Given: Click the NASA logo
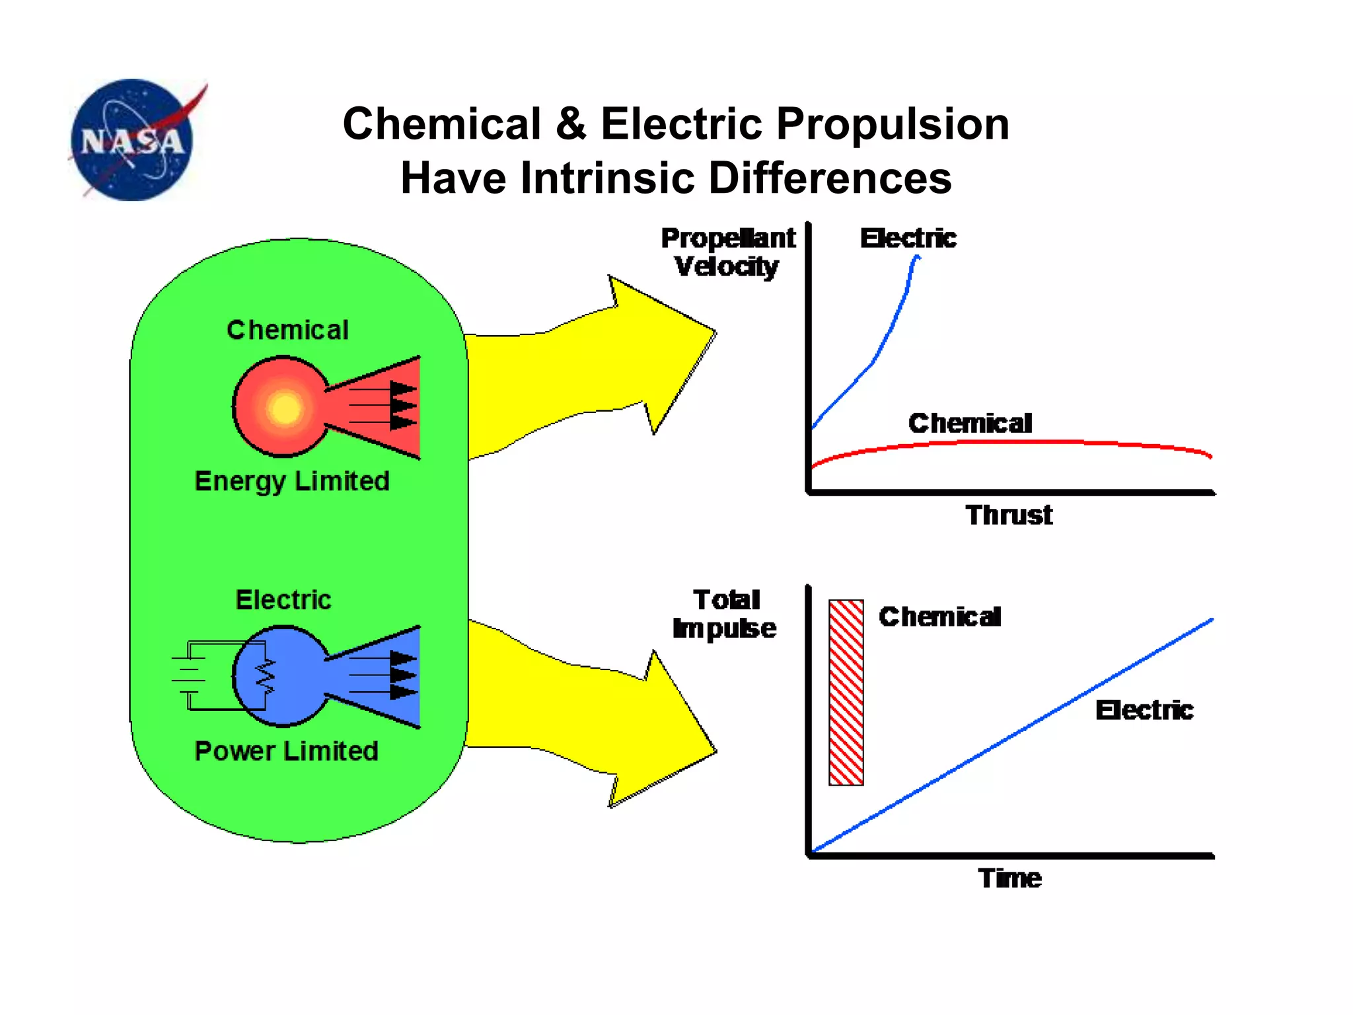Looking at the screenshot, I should pyautogui.click(x=132, y=139).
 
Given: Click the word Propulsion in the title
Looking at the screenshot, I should pyautogui.click(x=892, y=124).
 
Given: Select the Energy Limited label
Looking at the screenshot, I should pyautogui.click(x=292, y=481).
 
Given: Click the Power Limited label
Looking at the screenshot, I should pyautogui.click(x=286, y=751).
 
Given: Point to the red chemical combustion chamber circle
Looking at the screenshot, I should pyautogui.click(x=281, y=407).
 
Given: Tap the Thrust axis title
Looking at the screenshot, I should pyautogui.click(x=1009, y=515).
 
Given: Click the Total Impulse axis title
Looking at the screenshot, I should pyautogui.click(x=725, y=614).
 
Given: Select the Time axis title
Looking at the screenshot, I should pyautogui.click(x=1009, y=878).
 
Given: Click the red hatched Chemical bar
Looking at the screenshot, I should pyautogui.click(x=846, y=693).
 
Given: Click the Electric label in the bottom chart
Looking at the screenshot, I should pyautogui.click(x=1144, y=710).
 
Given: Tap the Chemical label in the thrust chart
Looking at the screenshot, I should pyautogui.click(x=970, y=423).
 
